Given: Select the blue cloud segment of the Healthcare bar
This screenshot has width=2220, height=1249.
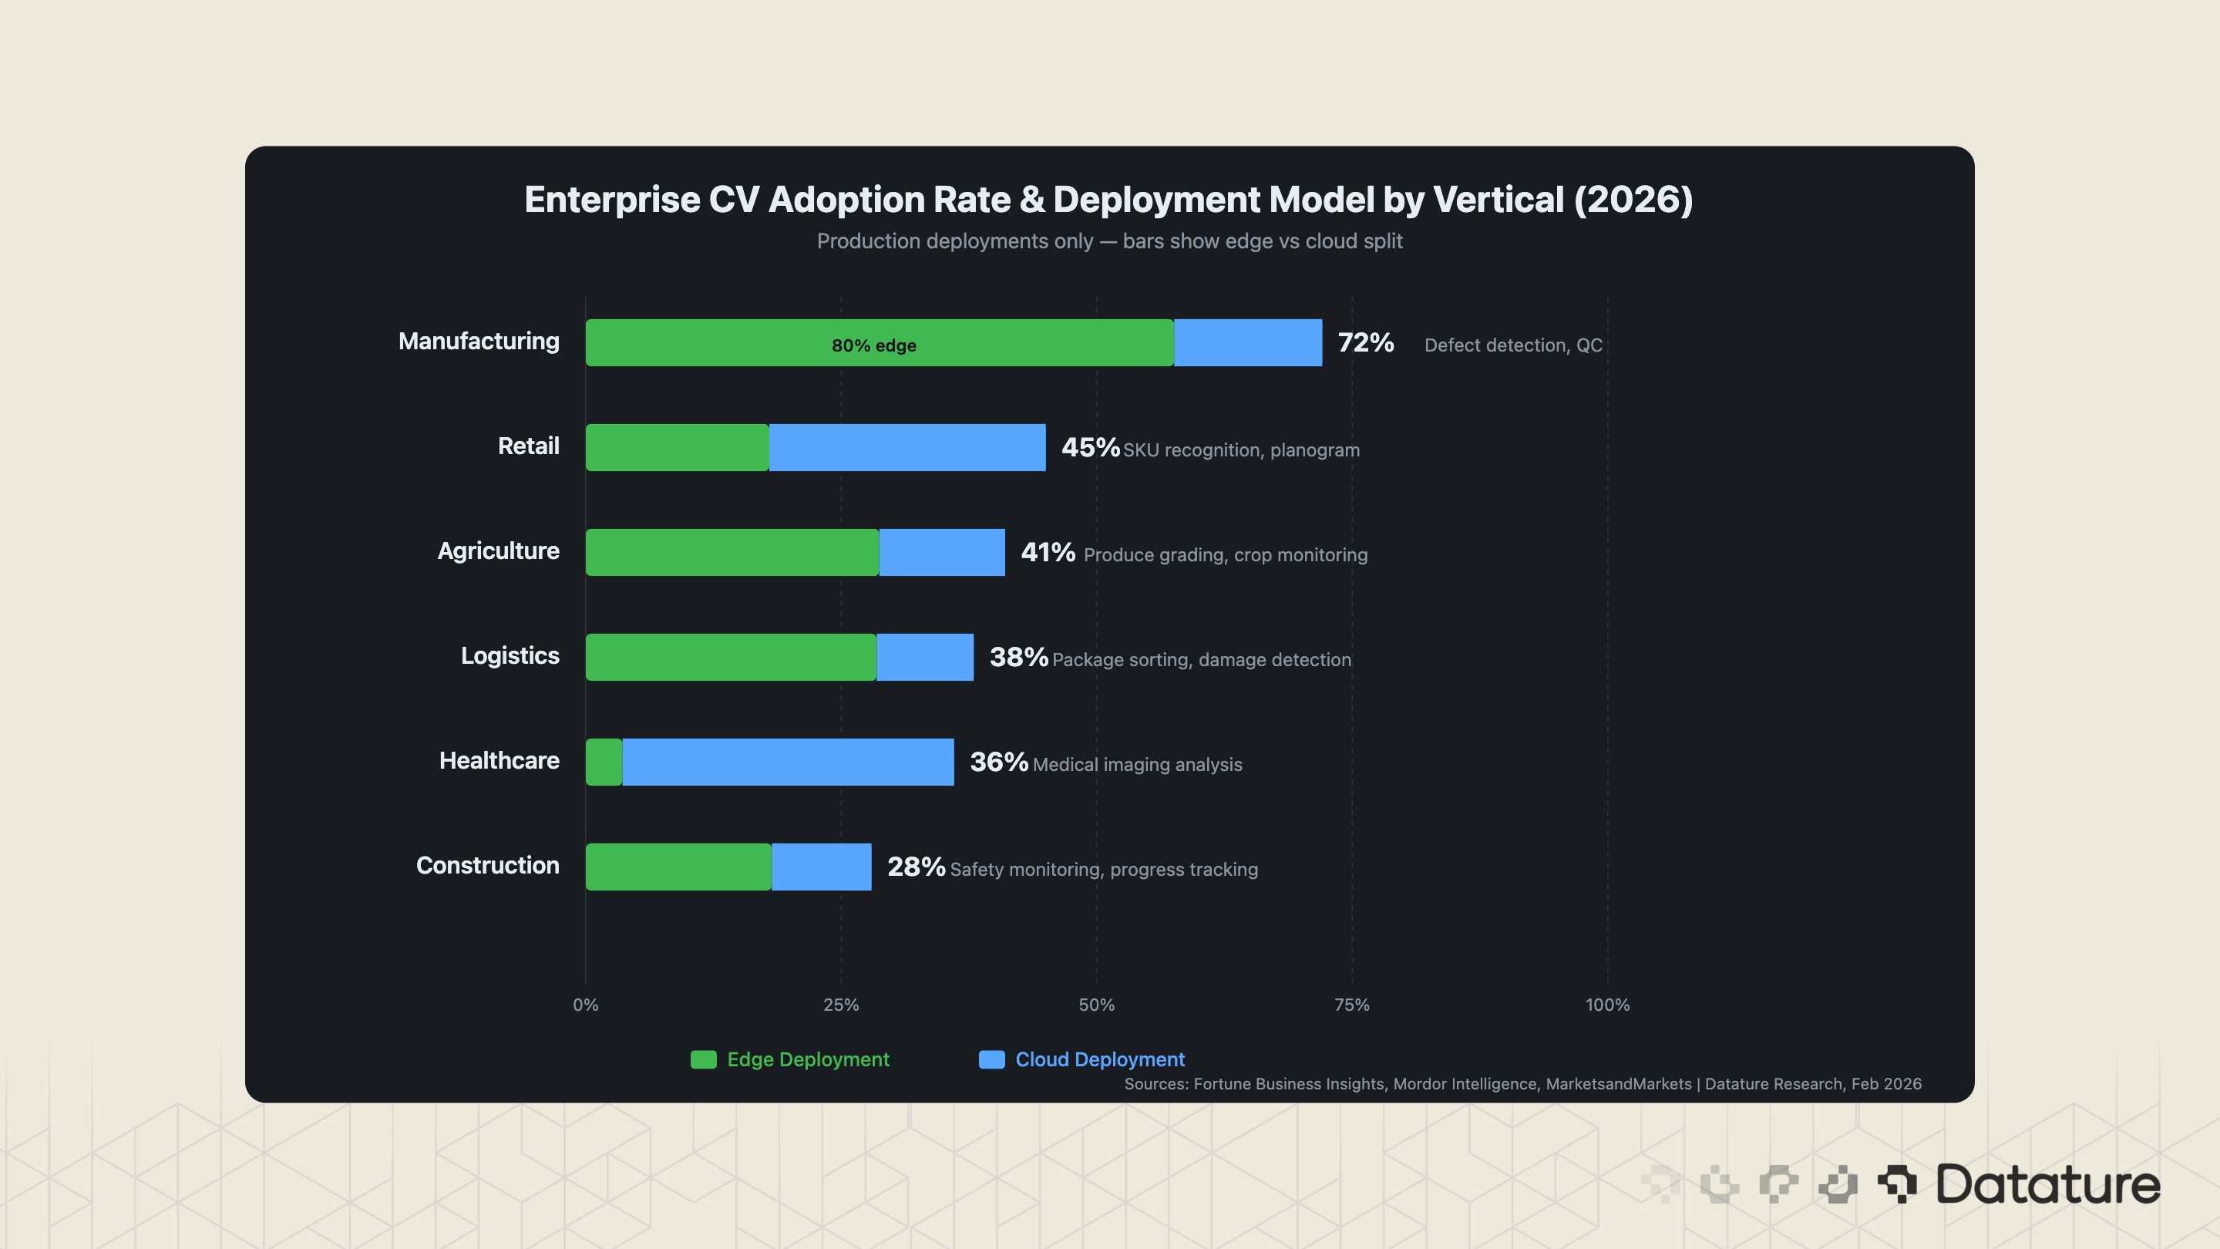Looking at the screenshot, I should [788, 762].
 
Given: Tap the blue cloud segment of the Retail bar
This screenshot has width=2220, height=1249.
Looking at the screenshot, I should [906, 447].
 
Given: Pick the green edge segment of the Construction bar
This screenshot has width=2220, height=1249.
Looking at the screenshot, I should [678, 867].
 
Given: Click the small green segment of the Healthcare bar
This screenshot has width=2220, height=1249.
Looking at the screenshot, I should [604, 762].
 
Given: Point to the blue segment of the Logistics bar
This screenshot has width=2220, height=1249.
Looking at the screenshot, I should [925, 657].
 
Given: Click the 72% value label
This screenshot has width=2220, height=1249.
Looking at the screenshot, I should [1365, 343].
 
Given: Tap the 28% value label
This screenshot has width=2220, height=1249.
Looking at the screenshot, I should [915, 867].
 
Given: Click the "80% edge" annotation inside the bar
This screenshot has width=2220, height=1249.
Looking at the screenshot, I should [873, 345].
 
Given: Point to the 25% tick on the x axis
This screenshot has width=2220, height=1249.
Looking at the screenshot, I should [840, 1005].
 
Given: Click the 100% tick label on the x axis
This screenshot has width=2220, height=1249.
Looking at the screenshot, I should [1606, 1005].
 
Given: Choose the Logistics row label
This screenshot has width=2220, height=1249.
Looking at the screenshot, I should [510, 656].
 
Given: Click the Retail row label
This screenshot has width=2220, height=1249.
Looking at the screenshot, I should [528, 446].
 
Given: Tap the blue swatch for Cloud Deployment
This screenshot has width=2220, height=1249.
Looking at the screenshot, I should [991, 1059].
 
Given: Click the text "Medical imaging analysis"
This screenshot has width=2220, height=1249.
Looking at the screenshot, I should [1137, 765].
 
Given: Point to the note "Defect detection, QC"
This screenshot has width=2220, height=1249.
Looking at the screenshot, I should [1512, 345].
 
